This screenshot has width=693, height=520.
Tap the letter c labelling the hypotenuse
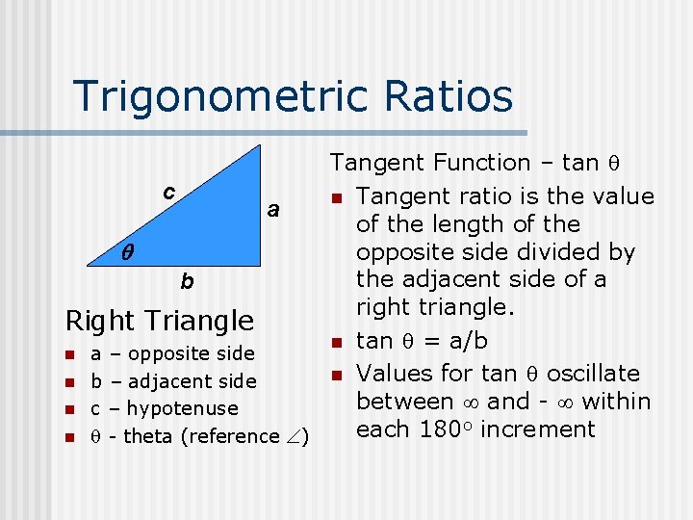[168, 192]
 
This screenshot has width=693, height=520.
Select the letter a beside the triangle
[273, 209]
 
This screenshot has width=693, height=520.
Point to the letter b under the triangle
[187, 282]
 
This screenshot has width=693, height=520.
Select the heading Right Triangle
[160, 320]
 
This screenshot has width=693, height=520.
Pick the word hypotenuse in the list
[182, 408]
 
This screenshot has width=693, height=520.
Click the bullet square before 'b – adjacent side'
[69, 382]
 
